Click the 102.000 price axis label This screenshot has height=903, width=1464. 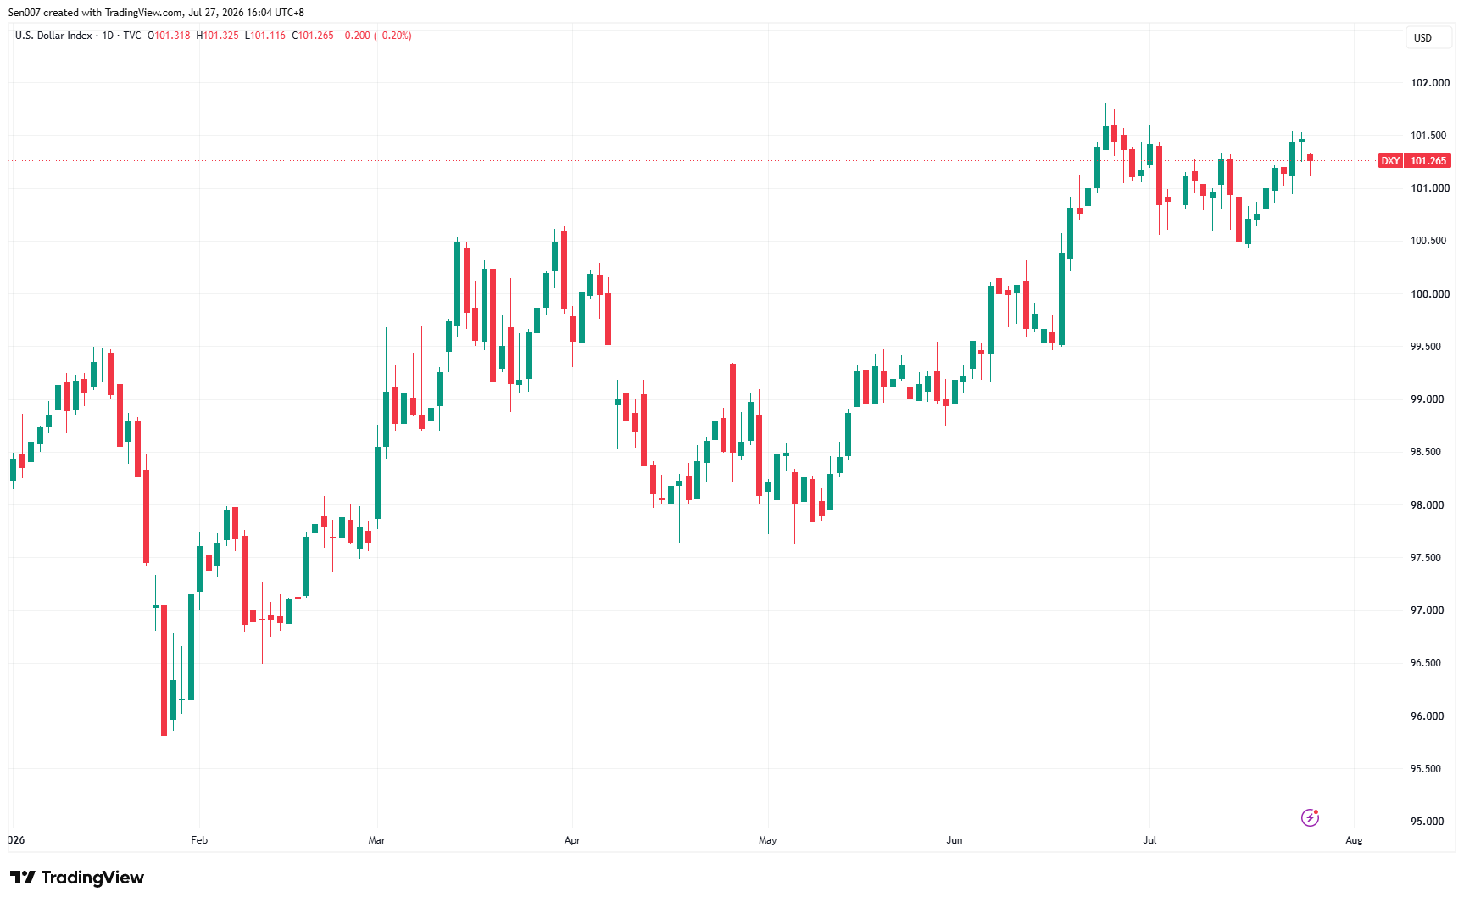point(1429,83)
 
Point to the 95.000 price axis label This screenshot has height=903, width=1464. point(1427,822)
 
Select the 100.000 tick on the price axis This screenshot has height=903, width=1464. point(1429,294)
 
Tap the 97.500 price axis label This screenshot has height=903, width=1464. point(1427,558)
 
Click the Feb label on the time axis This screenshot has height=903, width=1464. point(199,840)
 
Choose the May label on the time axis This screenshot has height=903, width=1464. point(767,840)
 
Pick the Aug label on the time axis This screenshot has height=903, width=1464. point(1354,840)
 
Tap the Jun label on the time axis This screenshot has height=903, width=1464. point(955,840)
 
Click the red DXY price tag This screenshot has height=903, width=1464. point(1390,161)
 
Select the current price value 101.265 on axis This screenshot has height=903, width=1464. point(1428,161)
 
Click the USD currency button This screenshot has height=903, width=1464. point(1422,38)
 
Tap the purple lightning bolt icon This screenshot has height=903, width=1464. point(1310,817)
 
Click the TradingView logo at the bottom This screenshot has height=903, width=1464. point(77,878)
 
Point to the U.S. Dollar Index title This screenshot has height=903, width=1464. point(53,36)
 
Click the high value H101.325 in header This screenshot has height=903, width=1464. point(218,36)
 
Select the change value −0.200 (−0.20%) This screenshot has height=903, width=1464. point(376,36)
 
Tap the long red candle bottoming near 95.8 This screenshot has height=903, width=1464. point(164,670)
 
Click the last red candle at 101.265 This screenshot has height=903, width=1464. point(1310,158)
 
